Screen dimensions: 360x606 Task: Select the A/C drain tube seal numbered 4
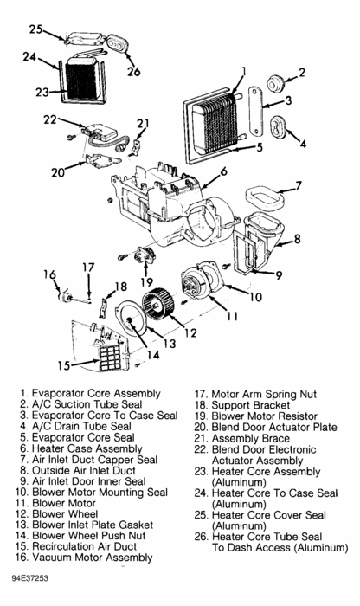pyautogui.click(x=278, y=126)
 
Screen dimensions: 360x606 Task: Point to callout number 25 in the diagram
pyautogui.click(x=36, y=29)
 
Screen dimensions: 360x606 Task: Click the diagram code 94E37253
pyautogui.click(x=29, y=578)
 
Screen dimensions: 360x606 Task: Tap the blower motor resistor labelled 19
pyautogui.click(x=145, y=255)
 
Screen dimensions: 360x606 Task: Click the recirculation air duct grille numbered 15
pyautogui.click(x=110, y=358)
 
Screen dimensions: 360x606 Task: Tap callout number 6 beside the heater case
pyautogui.click(x=223, y=171)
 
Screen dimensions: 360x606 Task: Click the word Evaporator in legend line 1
pyautogui.click(x=58, y=393)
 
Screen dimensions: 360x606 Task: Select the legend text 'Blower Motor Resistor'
pyautogui.click(x=264, y=416)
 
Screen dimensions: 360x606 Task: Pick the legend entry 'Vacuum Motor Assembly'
pyautogui.click(x=93, y=558)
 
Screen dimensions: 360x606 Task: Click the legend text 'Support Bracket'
pyautogui.click(x=251, y=405)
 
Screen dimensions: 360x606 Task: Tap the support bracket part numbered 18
pyautogui.click(x=103, y=307)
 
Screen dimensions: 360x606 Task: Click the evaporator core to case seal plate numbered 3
pyautogui.click(x=255, y=112)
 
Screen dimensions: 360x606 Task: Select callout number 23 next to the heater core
pyautogui.click(x=42, y=93)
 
